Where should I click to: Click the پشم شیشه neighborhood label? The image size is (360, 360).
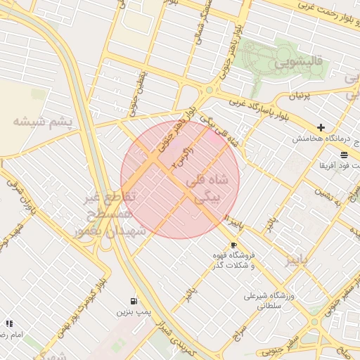pyautogui.click(x=42, y=121)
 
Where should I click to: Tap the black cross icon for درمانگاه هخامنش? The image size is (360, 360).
pyautogui.click(x=321, y=127)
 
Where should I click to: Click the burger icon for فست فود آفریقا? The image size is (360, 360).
pyautogui.click(x=344, y=155)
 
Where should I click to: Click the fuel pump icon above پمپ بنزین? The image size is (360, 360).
pyautogui.click(x=134, y=299)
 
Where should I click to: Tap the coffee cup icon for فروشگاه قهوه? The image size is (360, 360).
pyautogui.click(x=233, y=245)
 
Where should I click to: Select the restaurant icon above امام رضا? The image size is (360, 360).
pyautogui.click(x=9, y=323)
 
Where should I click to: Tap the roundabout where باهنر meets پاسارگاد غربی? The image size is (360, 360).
pyautogui.click(x=208, y=90)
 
